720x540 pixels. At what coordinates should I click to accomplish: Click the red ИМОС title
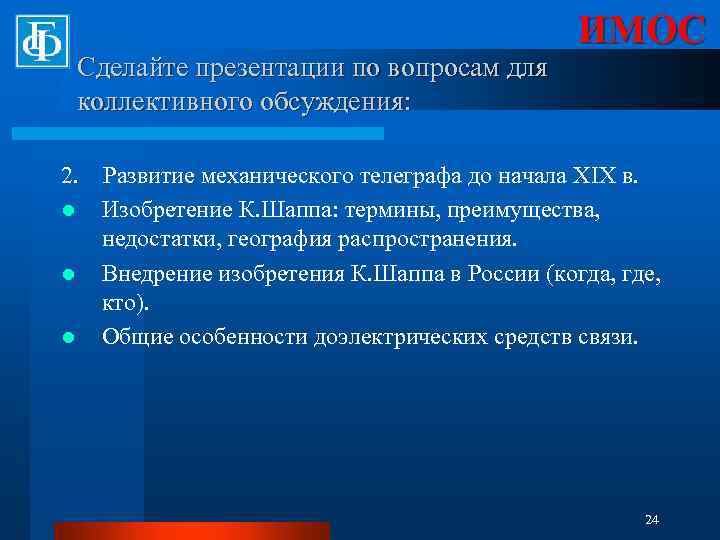click(x=640, y=31)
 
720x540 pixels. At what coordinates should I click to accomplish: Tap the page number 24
click(x=652, y=519)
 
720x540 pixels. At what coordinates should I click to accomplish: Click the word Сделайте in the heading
click(x=126, y=69)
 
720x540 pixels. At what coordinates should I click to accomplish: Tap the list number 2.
click(x=68, y=177)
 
